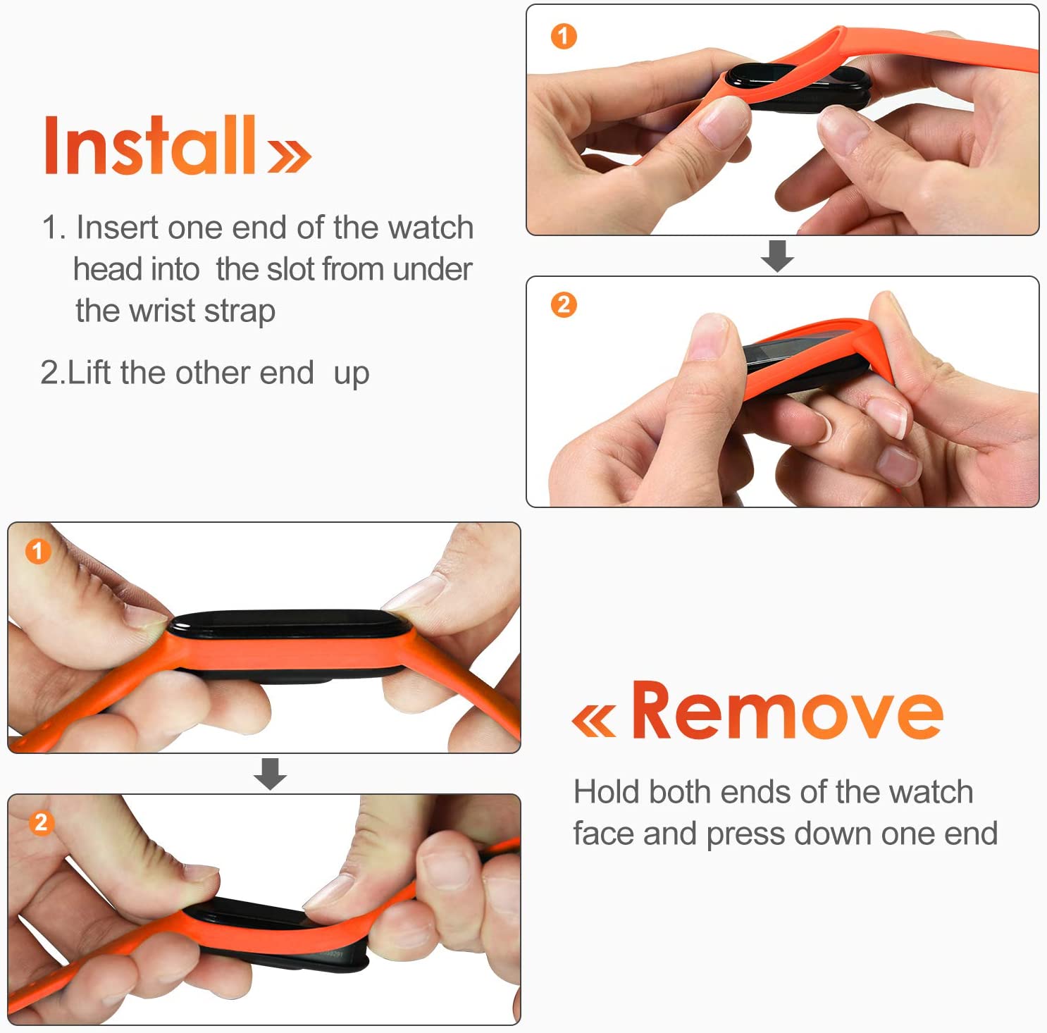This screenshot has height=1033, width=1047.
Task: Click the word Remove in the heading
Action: (x=786, y=712)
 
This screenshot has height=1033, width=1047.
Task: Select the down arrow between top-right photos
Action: (x=777, y=256)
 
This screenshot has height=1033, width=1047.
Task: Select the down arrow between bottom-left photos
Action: (x=270, y=774)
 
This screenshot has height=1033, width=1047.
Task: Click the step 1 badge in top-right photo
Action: (x=563, y=36)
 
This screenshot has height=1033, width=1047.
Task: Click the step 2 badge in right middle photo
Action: (x=563, y=305)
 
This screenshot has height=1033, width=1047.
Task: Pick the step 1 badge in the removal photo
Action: (x=38, y=551)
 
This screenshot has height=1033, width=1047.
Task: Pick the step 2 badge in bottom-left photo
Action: (x=41, y=822)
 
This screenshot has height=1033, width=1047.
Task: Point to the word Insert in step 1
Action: (x=118, y=228)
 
